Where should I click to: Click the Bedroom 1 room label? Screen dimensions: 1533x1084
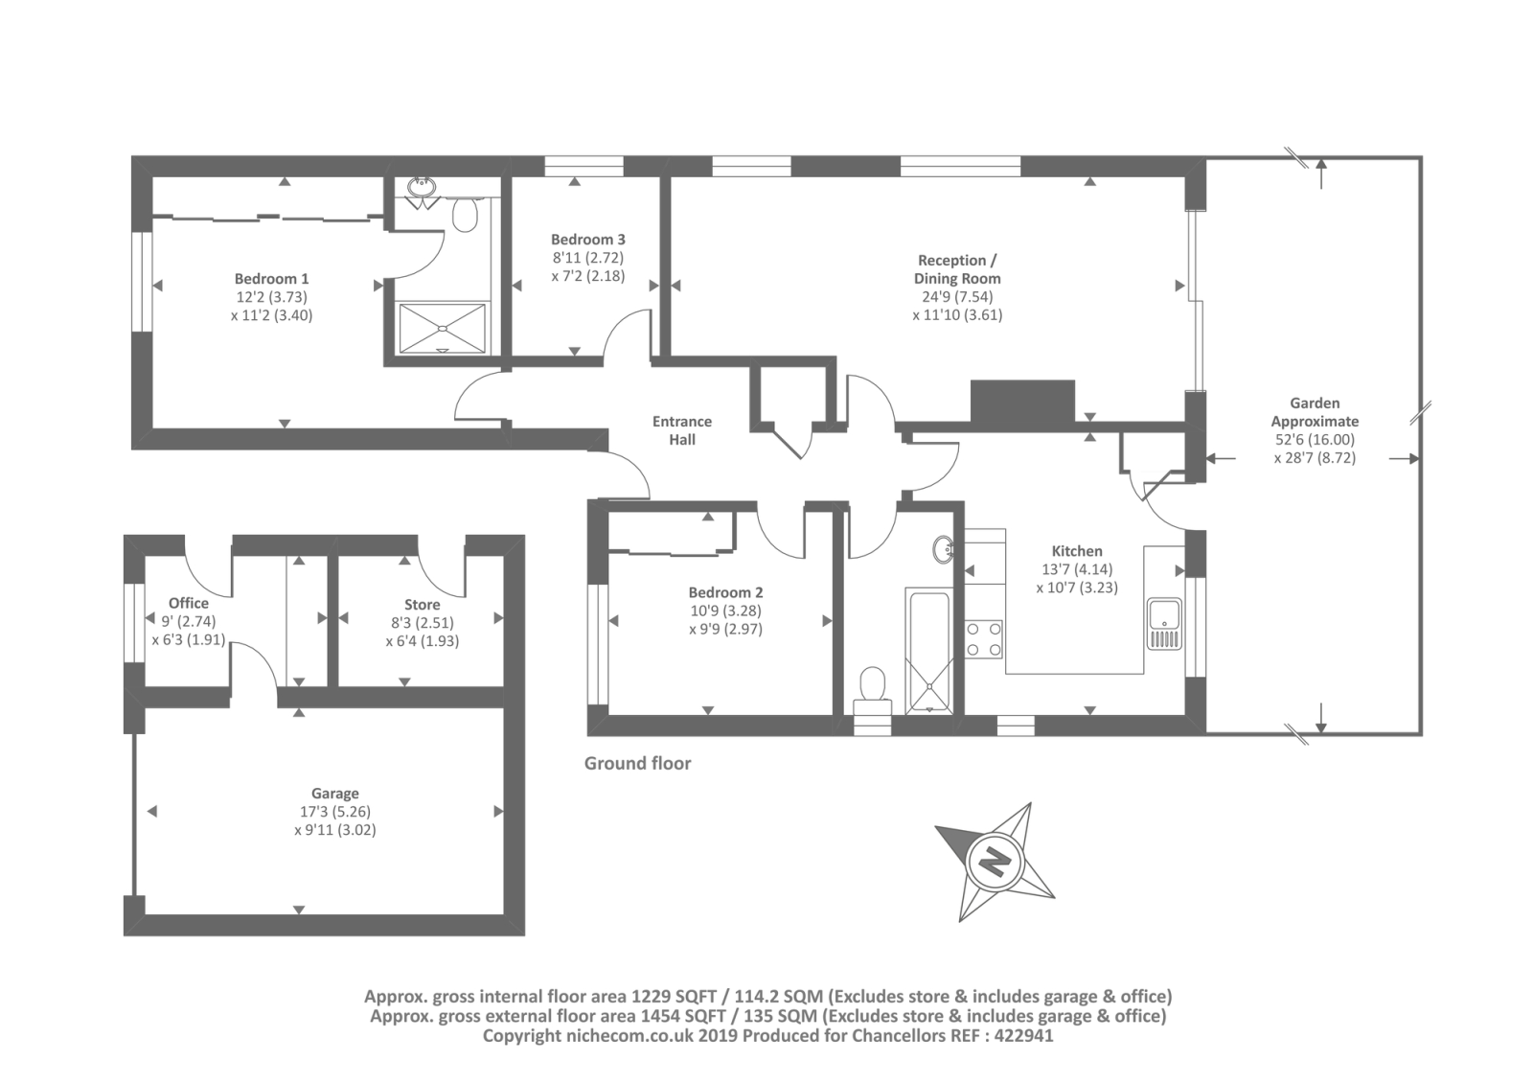pos(271,279)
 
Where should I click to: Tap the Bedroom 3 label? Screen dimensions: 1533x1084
pos(588,240)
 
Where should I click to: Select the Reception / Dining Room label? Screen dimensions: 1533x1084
pos(957,269)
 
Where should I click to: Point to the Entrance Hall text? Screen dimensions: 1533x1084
pos(681,430)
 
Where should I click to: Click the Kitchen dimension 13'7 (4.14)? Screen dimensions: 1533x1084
pos(1077,569)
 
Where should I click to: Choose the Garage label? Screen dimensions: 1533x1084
pos(334,793)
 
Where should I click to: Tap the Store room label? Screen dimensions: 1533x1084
pos(422,605)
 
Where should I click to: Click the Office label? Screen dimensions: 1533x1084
pos(188,603)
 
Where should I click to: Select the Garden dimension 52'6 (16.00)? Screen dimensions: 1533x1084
pos(1314,440)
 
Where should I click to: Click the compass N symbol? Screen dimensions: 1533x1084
pos(995,863)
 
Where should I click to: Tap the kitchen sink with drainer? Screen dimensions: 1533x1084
pos(1165,623)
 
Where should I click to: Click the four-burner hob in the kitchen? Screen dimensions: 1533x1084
pos(983,638)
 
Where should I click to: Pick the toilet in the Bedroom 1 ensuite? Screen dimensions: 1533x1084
pos(466,213)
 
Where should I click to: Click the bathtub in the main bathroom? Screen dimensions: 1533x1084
pos(928,650)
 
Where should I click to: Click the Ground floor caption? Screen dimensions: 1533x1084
pos(637,764)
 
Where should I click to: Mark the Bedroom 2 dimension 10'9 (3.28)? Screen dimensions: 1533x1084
pos(725,611)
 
